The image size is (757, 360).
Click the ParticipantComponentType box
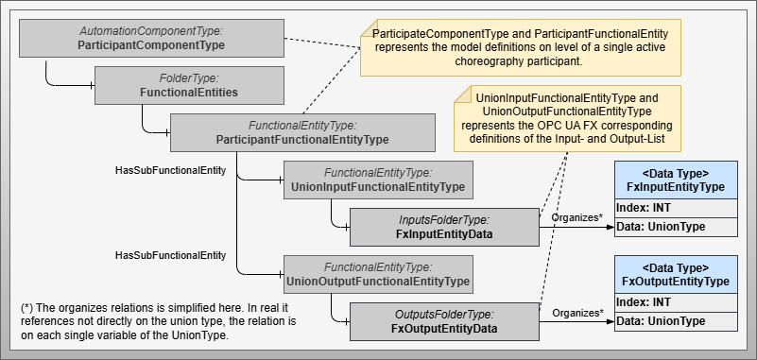(151, 38)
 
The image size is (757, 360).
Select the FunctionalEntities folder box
(188, 85)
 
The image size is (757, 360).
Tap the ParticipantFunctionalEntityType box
(301, 132)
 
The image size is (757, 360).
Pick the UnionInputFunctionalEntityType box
(377, 180)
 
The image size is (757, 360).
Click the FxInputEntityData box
(443, 227)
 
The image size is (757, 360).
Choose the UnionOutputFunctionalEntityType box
(377, 274)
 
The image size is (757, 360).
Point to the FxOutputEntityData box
(443, 321)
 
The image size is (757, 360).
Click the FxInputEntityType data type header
(675, 180)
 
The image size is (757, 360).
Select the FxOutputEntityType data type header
(675, 275)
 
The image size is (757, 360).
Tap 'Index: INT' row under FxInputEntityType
(675, 208)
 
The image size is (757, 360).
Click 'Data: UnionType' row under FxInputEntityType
(675, 227)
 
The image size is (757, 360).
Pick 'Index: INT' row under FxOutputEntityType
(675, 302)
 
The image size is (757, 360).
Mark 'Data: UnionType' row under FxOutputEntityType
(675, 321)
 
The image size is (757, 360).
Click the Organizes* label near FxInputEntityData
(576, 217)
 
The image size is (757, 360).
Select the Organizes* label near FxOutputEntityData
(576, 312)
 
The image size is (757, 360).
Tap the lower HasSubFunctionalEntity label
(170, 255)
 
